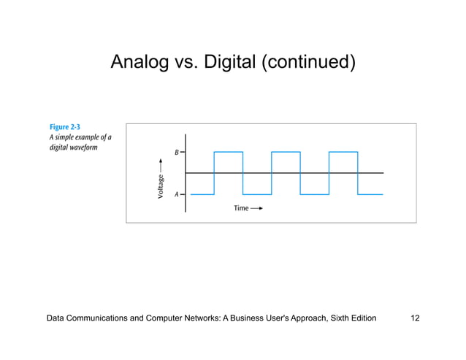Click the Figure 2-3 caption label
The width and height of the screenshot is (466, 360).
(64, 127)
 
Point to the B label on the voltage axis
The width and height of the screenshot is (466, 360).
(177, 152)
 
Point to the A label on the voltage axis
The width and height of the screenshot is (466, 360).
(177, 195)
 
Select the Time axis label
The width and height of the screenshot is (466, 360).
(241, 208)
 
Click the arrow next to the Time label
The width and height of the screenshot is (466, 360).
(256, 208)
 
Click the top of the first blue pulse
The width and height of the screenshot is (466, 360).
(228, 152)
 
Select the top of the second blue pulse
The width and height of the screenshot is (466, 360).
(286, 152)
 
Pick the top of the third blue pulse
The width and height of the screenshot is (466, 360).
(343, 152)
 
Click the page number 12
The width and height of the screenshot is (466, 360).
(415, 318)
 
